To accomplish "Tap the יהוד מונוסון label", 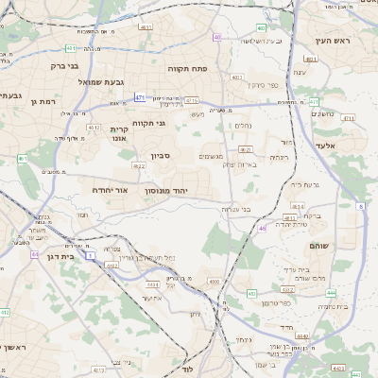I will coord(166,191).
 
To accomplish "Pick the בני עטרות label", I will coord(232,209).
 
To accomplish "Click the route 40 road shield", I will coord(218,38).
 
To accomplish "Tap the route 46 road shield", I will coord(262,228).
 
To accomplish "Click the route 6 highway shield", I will coord(360,205).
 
